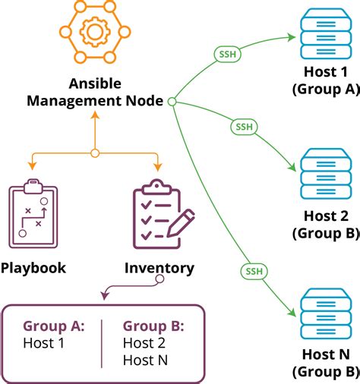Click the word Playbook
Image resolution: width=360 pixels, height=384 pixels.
pyautogui.click(x=33, y=267)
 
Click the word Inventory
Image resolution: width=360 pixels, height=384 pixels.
pyautogui.click(x=159, y=268)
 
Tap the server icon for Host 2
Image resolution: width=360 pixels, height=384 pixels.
pyautogui.click(x=324, y=176)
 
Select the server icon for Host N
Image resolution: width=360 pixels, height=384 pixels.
pyautogui.click(x=324, y=316)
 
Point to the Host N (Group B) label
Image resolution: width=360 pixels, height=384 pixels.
pyautogui.click(x=325, y=363)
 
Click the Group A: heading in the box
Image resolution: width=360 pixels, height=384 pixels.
pyautogui.click(x=54, y=326)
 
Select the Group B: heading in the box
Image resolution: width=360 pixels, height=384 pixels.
pyautogui.click(x=153, y=326)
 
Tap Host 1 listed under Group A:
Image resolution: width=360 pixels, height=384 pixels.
pyautogui.click(x=44, y=342)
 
